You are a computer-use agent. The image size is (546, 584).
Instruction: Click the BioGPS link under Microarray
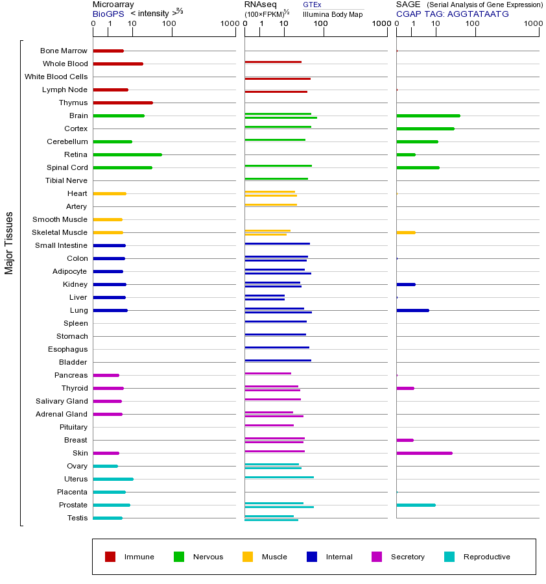[107, 14]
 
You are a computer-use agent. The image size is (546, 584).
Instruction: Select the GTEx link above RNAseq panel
[312, 5]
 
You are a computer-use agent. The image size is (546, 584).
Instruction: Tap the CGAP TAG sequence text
[453, 14]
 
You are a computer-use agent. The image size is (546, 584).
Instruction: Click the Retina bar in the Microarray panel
[127, 154]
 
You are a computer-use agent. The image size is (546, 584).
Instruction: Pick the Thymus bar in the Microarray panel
[123, 103]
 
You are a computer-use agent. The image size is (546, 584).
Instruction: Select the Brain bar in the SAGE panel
[428, 116]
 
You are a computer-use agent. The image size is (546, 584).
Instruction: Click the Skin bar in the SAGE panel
[424, 453]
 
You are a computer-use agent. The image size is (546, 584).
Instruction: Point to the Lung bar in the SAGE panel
[412, 310]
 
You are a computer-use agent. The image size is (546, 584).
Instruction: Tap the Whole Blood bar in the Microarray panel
[118, 64]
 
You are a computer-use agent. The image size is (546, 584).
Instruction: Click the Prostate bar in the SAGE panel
[416, 505]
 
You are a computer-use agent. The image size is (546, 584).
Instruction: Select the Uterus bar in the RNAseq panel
[279, 477]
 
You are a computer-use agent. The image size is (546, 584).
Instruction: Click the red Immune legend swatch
[110, 557]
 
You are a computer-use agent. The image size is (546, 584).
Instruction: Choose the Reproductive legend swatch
[449, 557]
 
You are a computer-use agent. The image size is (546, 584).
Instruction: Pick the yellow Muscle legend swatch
[248, 557]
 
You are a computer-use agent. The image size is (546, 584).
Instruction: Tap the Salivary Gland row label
[62, 401]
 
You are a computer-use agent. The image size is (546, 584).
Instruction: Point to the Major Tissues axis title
[9, 243]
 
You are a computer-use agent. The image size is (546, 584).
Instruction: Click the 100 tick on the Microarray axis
[169, 24]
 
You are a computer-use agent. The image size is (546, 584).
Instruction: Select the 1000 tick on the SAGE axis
[532, 24]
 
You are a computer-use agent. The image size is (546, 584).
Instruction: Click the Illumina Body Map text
[333, 14]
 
